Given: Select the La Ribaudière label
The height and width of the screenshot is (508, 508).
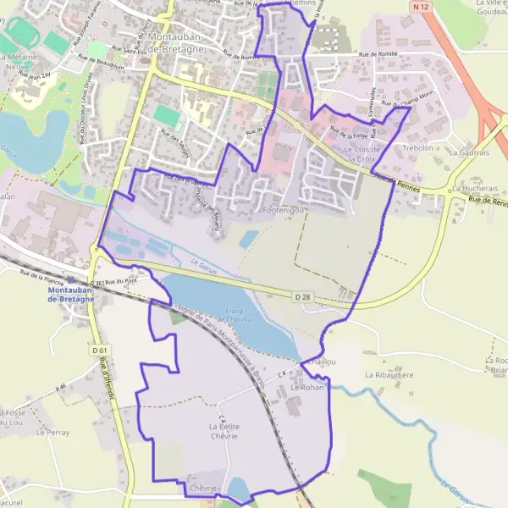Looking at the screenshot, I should [x=389, y=374].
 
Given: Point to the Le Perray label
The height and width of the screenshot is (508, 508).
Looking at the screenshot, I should [x=52, y=431].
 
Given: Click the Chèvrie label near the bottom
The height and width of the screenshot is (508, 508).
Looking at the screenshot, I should [x=204, y=489].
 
